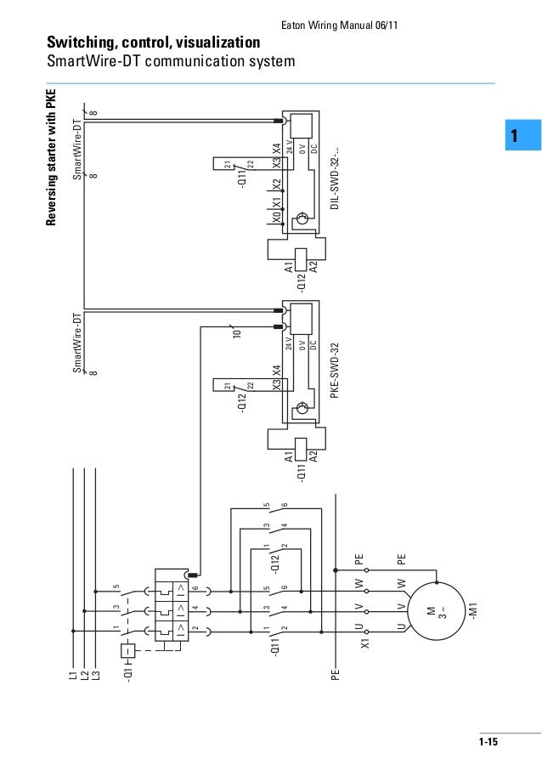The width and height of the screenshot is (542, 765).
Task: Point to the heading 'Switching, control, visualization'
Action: coord(153,42)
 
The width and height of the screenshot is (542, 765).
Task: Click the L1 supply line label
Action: coord(74,677)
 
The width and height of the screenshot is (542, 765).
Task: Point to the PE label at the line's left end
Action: coord(336,676)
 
